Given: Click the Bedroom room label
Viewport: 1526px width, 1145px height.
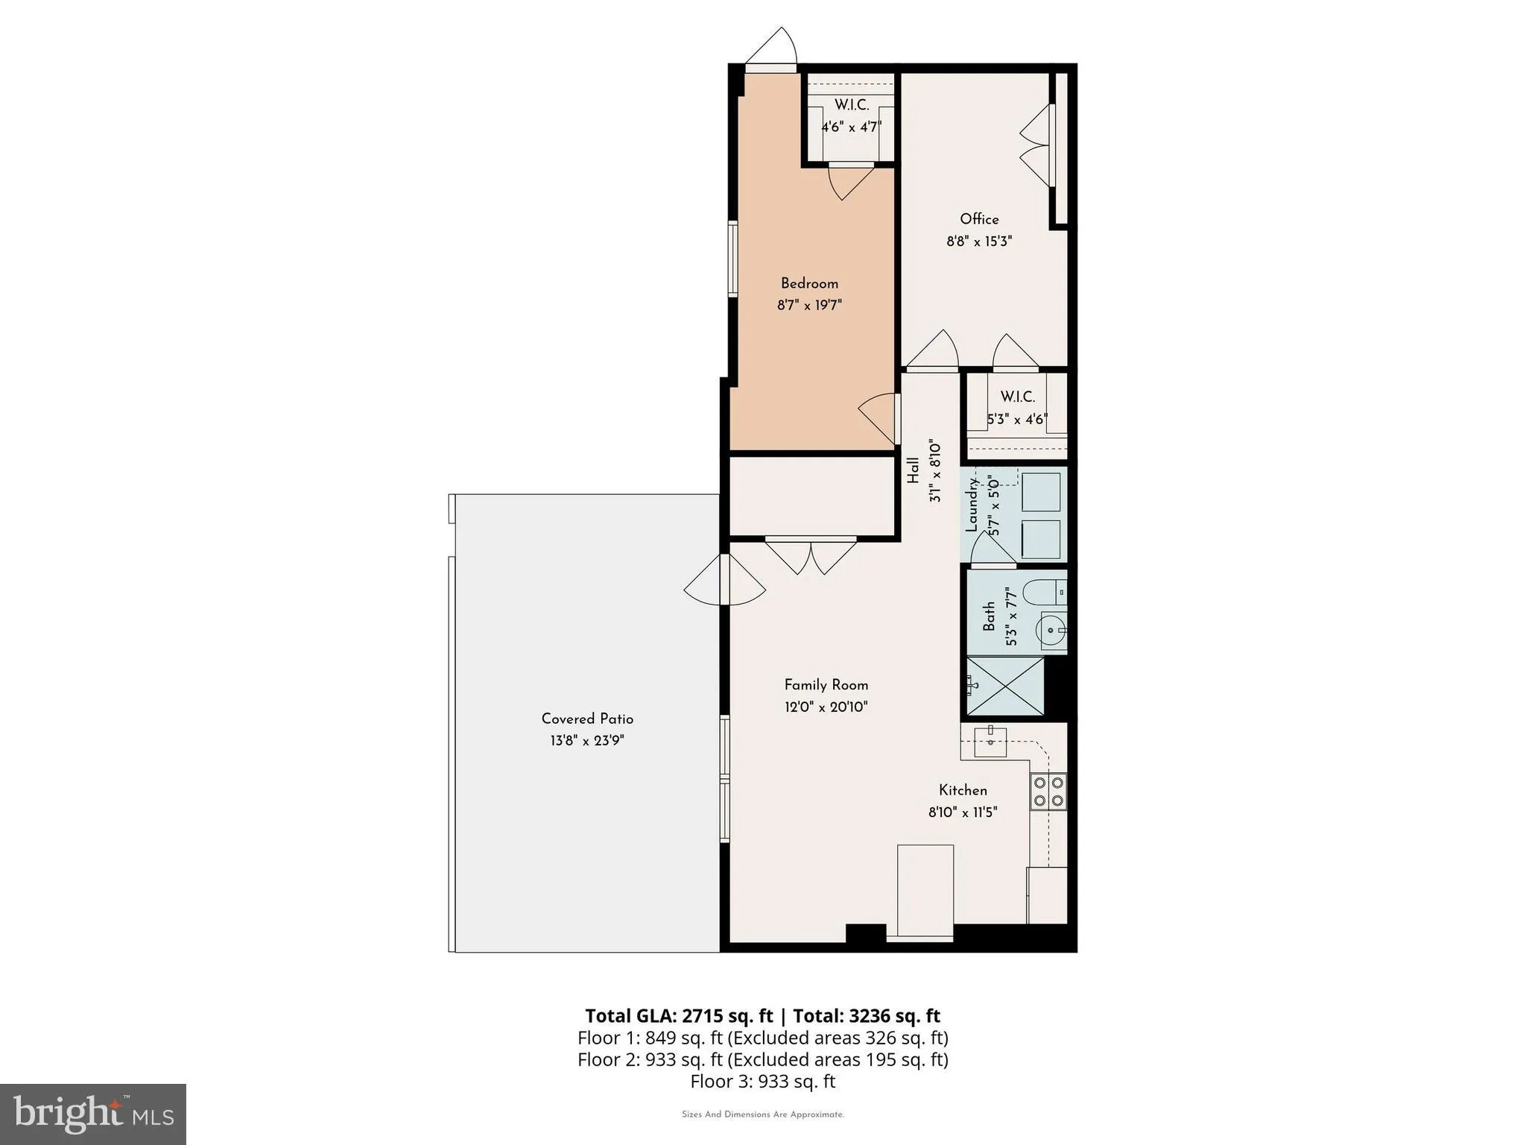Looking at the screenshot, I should tap(809, 283).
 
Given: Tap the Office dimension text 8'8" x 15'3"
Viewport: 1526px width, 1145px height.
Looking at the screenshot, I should tap(979, 242).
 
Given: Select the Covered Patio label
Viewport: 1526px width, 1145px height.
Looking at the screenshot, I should tap(587, 719).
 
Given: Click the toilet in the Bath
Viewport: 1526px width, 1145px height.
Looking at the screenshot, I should tap(1043, 593).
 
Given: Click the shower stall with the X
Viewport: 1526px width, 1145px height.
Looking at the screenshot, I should tap(1005, 686).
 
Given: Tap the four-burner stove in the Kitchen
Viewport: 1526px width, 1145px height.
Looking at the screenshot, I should tap(1048, 792).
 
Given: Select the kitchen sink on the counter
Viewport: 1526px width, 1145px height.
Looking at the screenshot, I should tap(990, 742).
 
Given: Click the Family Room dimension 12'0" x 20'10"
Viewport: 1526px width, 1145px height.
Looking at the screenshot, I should tap(826, 707).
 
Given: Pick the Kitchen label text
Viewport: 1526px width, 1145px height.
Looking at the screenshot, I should tap(963, 790).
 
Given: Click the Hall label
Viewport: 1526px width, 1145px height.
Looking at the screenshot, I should tap(913, 471).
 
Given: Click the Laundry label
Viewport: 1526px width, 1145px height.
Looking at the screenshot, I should tap(972, 505).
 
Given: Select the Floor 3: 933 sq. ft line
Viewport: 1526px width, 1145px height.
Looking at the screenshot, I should tap(762, 1082).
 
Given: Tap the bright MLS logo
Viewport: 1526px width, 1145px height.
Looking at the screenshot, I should tap(93, 1114).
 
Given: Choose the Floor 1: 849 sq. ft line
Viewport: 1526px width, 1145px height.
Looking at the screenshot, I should tap(762, 1038).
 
